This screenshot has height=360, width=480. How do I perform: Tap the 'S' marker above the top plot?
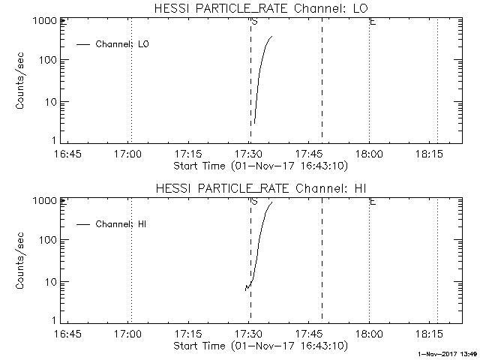(255, 21)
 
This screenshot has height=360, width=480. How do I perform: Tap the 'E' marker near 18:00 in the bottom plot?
(373, 201)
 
